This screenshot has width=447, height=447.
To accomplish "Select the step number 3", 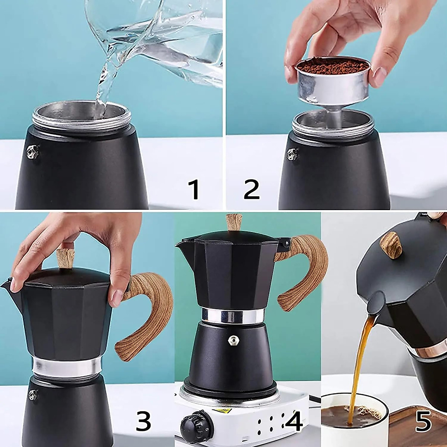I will pyautogui.click(x=143, y=421).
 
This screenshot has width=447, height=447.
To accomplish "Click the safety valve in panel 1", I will pyautogui.click(x=32, y=153).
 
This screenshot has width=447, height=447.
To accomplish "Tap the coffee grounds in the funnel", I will pyautogui.click(x=332, y=66).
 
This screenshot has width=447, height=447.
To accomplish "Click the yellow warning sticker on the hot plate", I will pyautogui.click(x=223, y=411).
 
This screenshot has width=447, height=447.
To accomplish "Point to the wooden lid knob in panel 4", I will pyautogui.click(x=234, y=222).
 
